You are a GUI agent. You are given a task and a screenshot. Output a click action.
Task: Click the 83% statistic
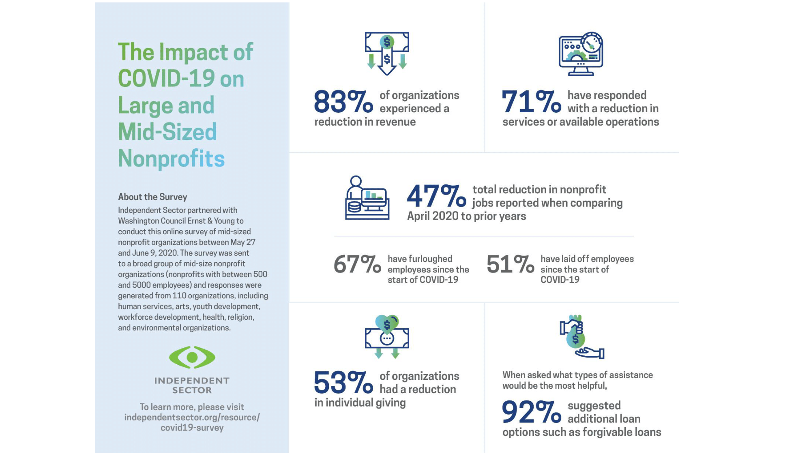tap(343, 102)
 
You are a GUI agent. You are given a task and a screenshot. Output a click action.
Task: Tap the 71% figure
tap(531, 102)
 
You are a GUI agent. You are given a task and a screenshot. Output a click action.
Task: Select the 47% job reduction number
tap(436, 196)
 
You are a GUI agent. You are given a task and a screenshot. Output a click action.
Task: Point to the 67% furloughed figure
tap(357, 265)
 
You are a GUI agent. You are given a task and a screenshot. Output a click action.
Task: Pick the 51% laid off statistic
tap(510, 265)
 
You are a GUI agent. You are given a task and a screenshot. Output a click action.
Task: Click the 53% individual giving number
tap(343, 383)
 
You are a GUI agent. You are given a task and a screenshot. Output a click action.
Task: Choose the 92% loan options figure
tap(531, 412)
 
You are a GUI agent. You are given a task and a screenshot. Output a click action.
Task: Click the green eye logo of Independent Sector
tap(192, 357)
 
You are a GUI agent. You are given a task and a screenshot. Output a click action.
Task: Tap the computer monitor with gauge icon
tap(581, 54)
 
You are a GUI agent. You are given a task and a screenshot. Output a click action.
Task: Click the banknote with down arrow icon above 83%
tap(387, 53)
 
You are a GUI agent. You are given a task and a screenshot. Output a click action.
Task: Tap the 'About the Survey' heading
tap(152, 197)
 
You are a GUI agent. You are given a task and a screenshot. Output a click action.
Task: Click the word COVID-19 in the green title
tap(166, 79)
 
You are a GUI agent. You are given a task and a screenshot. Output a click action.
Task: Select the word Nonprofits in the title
tap(171, 158)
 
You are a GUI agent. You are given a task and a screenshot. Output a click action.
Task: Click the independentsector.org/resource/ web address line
tap(192, 417)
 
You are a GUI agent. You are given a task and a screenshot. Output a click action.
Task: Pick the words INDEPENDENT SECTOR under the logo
tap(192, 385)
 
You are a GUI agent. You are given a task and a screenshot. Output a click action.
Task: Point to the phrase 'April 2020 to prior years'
tap(466, 216)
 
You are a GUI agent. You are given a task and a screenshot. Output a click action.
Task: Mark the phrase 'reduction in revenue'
tap(365, 122)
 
